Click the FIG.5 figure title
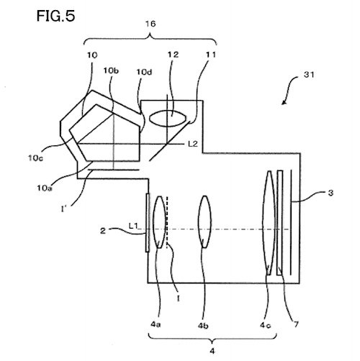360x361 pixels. [x=55, y=17]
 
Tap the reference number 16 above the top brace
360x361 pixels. [x=150, y=24]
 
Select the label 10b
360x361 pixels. [x=111, y=70]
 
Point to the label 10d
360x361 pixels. [x=144, y=72]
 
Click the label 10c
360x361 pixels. [x=35, y=158]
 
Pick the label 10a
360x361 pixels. [x=45, y=188]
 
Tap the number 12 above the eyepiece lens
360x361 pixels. [x=173, y=55]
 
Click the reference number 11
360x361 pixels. [x=211, y=55]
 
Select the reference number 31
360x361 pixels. [x=309, y=75]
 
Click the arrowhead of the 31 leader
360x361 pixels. [x=284, y=103]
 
